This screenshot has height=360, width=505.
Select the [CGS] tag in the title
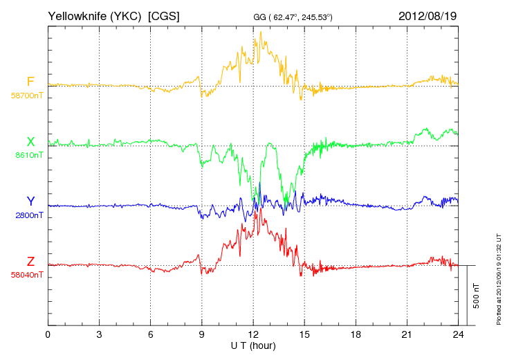pyautogui.click(x=164, y=15)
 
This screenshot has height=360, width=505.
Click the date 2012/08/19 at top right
pyautogui.click(x=428, y=15)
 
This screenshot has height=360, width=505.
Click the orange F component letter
pyautogui.click(x=30, y=82)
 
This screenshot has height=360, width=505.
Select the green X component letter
pyautogui.click(x=30, y=142)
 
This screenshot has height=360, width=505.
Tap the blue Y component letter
pyautogui.click(x=30, y=201)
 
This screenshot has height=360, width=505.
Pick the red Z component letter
pyautogui.click(x=30, y=261)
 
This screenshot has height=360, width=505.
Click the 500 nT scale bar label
pyautogui.click(x=476, y=296)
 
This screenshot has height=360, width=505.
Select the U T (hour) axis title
pyautogui.click(x=253, y=345)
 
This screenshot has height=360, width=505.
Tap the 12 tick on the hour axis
pyautogui.click(x=253, y=334)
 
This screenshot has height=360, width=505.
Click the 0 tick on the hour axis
pyautogui.click(x=48, y=334)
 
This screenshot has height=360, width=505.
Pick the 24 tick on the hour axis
pyautogui.click(x=459, y=334)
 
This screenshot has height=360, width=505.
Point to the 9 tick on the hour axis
pyautogui.click(x=202, y=334)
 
